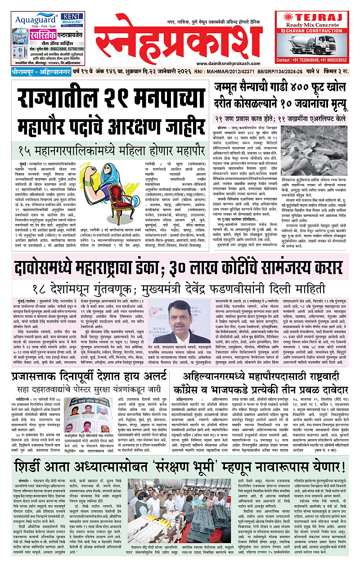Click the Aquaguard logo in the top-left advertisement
click(31, 20)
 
